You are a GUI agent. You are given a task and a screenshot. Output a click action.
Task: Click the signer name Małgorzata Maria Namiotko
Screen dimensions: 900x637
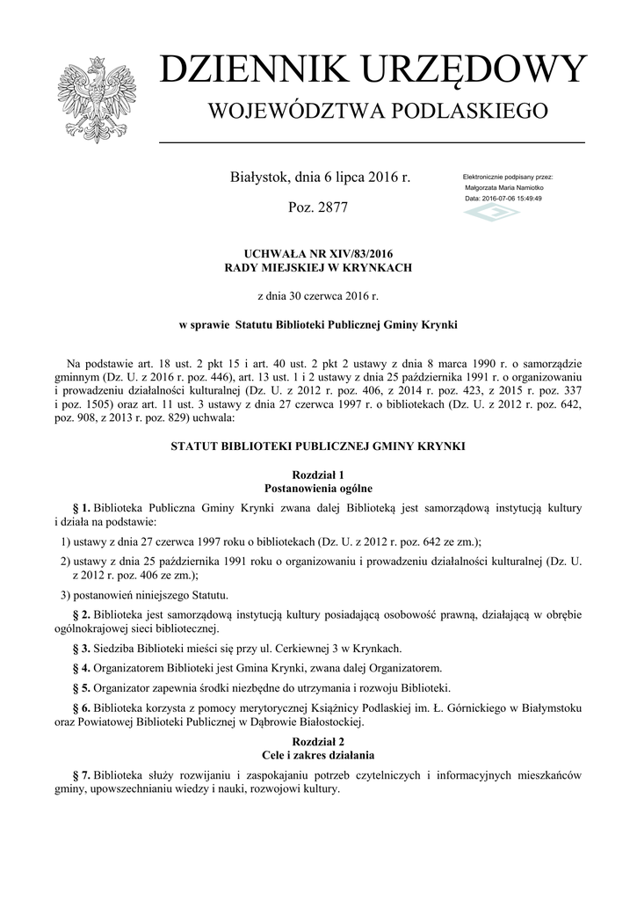coord(503,188)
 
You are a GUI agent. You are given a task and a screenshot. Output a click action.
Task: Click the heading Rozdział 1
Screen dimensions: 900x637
coord(318,475)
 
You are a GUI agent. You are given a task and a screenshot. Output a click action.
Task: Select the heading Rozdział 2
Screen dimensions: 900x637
coord(318,742)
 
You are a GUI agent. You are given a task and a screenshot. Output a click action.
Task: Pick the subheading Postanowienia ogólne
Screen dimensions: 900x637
coord(318,488)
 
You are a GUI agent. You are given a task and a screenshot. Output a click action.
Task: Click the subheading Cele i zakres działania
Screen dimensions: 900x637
coord(318,755)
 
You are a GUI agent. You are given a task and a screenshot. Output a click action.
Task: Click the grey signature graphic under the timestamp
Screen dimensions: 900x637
coord(491,214)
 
